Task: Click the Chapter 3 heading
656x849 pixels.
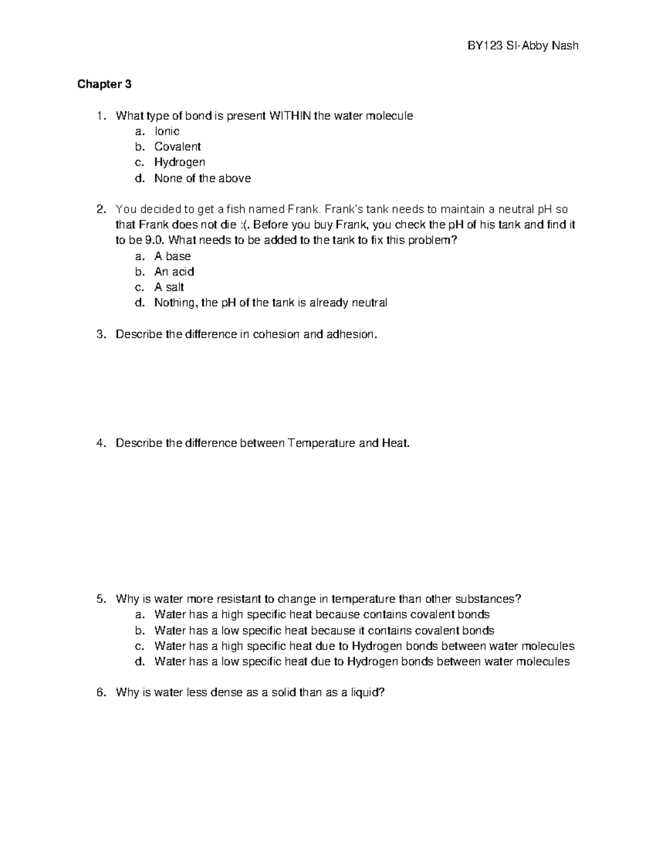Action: click(104, 84)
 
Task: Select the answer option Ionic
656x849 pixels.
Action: click(167, 131)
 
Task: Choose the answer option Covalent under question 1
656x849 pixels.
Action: click(177, 147)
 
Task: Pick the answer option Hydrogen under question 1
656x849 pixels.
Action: click(179, 162)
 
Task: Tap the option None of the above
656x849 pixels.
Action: click(202, 178)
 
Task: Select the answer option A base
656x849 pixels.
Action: click(172, 256)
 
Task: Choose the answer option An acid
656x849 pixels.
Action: click(174, 272)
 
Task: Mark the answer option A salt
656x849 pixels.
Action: click(169, 287)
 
